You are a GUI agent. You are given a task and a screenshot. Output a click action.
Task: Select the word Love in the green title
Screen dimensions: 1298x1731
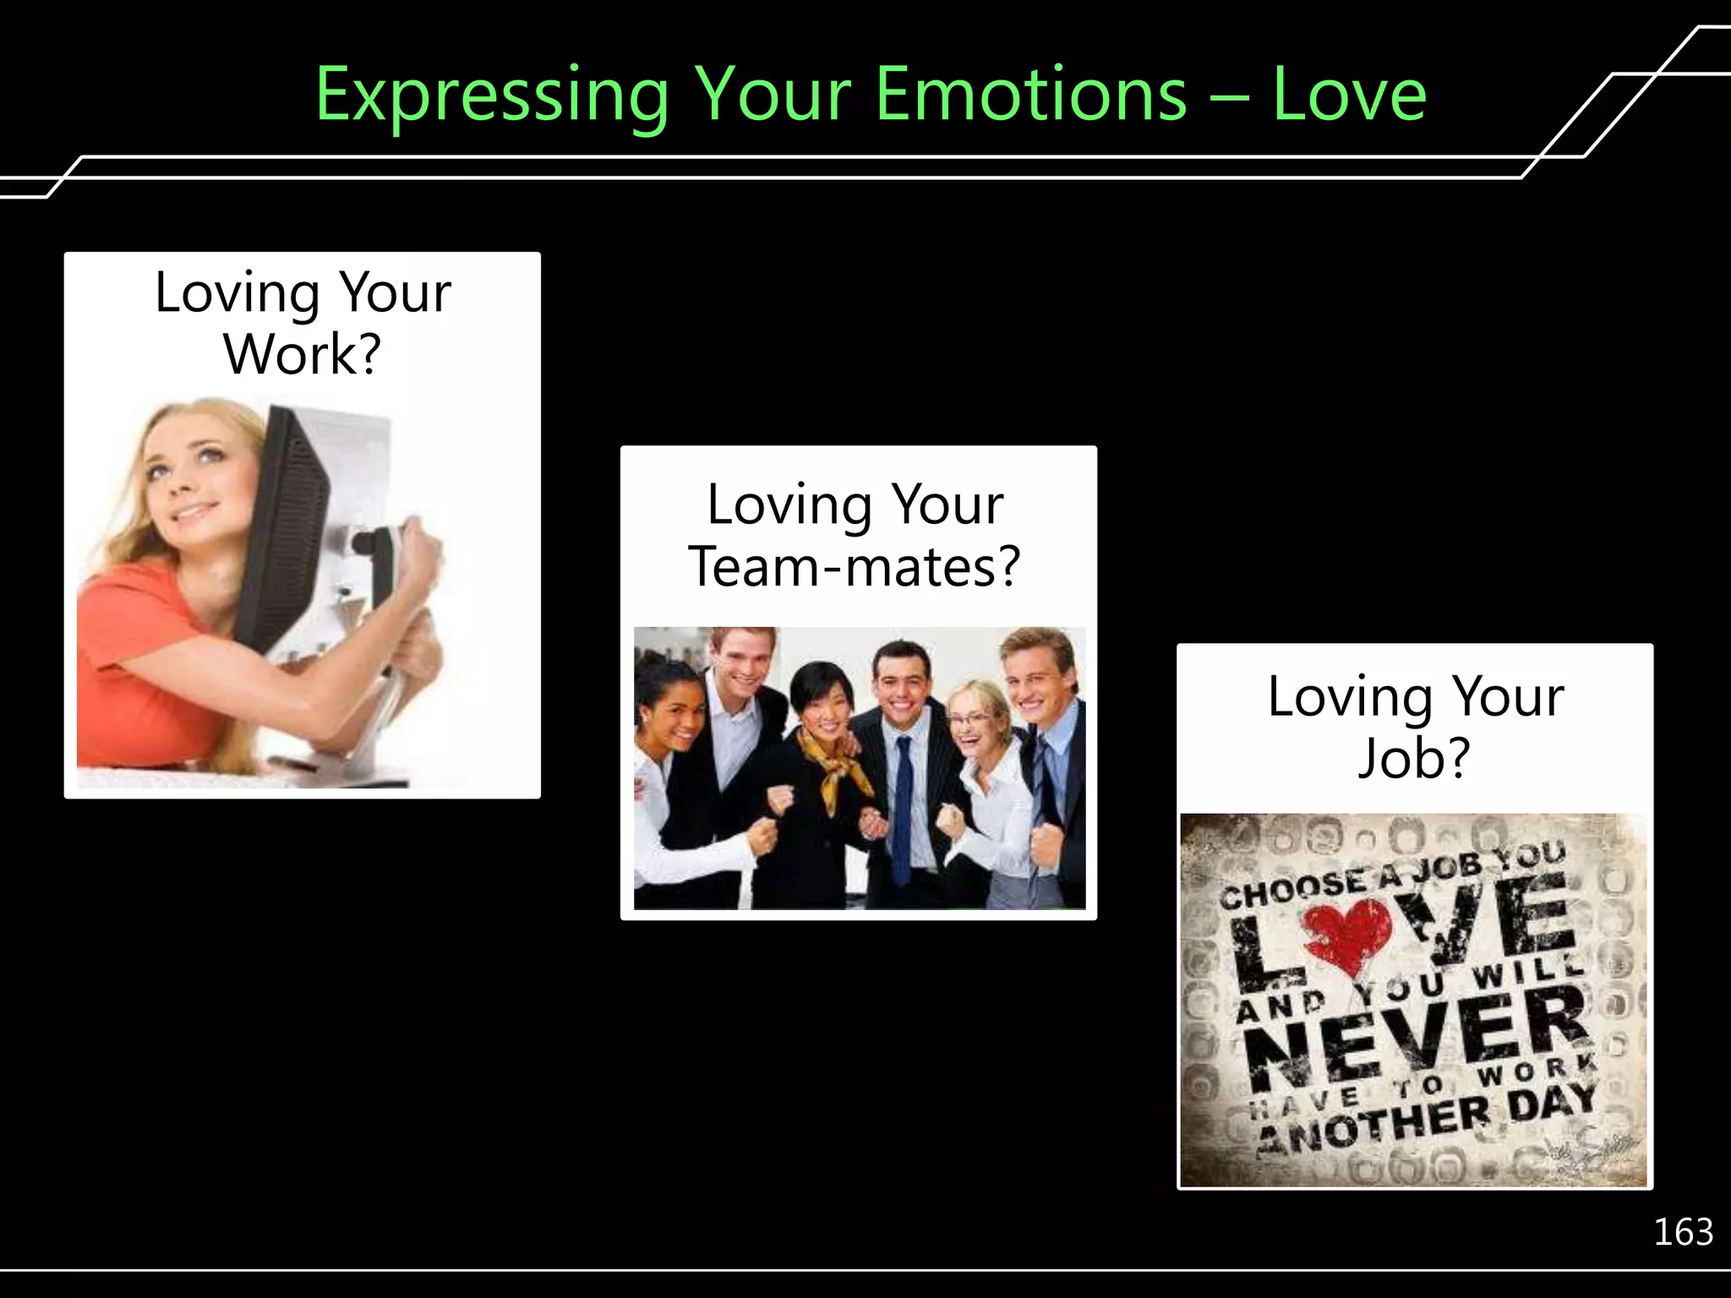pos(1349,95)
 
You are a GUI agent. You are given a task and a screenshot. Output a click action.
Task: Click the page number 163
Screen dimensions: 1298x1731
pos(1683,1232)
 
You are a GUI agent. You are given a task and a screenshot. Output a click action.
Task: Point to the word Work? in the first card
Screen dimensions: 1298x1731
pos(303,354)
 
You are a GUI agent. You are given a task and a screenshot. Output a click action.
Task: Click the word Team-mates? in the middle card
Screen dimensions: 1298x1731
pos(855,566)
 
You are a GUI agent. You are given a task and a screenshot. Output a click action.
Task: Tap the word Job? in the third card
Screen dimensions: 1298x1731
pos(1414,758)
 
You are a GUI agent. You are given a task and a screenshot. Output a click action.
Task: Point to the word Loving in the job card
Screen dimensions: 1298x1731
pos(1349,698)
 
